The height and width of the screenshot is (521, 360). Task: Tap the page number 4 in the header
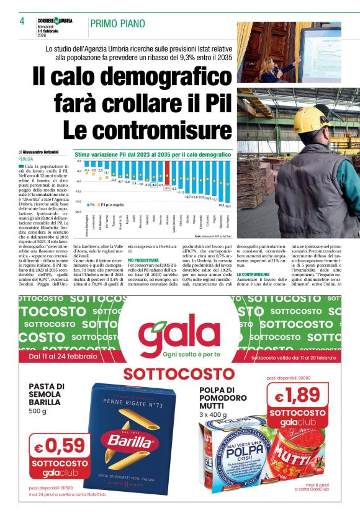pos(22,22)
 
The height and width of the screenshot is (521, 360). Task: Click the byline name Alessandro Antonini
pos(45,152)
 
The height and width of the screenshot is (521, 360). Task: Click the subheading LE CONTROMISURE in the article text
pos(253,274)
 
